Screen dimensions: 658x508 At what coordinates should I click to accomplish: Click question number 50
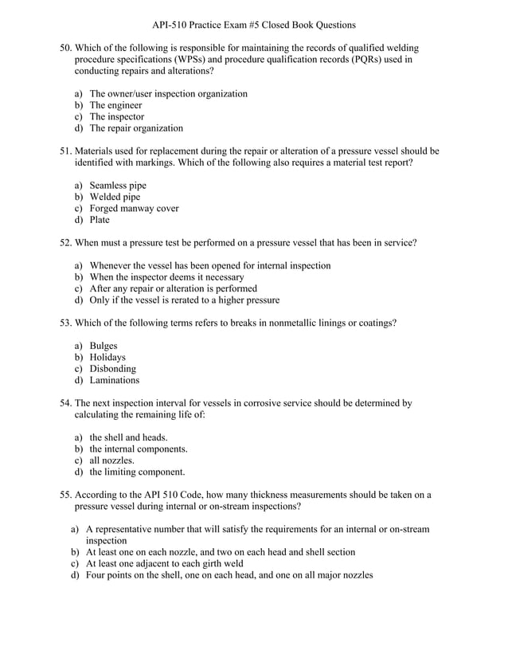(66, 49)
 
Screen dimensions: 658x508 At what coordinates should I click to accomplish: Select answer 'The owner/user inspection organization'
(168, 94)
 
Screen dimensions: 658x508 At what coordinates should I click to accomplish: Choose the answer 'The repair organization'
(135, 128)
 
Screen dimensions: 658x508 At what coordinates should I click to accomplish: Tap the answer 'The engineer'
(115, 105)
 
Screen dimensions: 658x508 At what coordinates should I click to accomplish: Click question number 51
(66, 151)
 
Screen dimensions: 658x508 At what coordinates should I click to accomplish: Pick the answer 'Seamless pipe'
(117, 186)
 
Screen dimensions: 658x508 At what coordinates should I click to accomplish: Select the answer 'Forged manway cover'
(134, 209)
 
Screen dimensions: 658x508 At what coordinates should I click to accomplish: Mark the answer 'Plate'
(100, 220)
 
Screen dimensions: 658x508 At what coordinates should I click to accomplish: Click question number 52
(66, 243)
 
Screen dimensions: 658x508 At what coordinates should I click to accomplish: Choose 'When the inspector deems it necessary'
(166, 277)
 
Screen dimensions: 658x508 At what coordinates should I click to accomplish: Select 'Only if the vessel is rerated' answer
(184, 300)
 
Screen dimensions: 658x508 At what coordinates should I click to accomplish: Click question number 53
(66, 323)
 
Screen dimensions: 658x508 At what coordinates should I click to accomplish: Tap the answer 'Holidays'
(107, 358)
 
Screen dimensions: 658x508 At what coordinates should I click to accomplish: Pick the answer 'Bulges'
(104, 347)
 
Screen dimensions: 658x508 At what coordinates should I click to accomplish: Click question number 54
(66, 404)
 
